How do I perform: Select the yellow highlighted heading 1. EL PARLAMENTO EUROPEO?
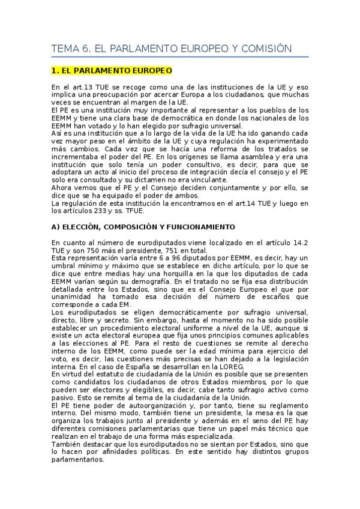pos(112,71)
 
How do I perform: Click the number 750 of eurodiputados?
pos(103,250)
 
